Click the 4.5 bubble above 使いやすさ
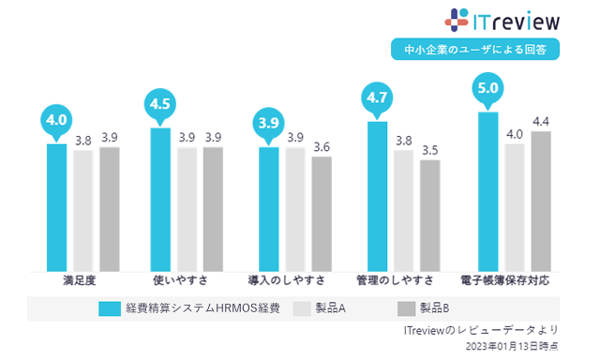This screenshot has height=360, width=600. (x=161, y=102)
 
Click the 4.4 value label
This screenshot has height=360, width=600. (x=540, y=122)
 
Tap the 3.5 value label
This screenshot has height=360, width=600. (x=429, y=150)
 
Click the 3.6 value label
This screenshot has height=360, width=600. (x=322, y=147)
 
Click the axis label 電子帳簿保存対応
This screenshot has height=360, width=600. (x=504, y=280)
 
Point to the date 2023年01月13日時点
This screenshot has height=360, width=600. (x=511, y=347)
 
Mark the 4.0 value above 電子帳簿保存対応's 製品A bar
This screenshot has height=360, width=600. (x=514, y=134)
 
